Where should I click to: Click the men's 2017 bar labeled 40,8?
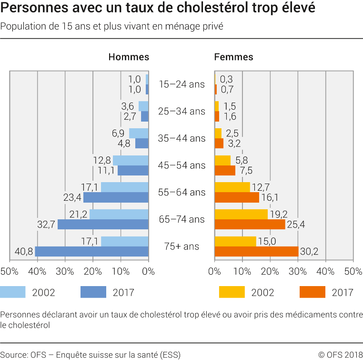91,251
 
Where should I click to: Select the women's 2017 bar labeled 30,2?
256,251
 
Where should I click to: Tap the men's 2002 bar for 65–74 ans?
119,214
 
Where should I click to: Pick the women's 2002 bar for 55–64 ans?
232,187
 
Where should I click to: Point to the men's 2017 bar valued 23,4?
116,197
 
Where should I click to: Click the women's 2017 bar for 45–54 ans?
225,171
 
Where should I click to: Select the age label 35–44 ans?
181,139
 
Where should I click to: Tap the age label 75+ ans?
181,247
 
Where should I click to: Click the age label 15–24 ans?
181,84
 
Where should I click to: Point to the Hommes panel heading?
129,57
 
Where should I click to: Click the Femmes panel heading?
233,57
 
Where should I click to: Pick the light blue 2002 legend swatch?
12,292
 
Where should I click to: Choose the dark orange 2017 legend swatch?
313,292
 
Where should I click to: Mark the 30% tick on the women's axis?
298,272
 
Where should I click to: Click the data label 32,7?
46,225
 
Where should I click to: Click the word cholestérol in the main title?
210,9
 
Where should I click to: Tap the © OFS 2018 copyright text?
340,354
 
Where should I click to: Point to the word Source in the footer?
14,354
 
